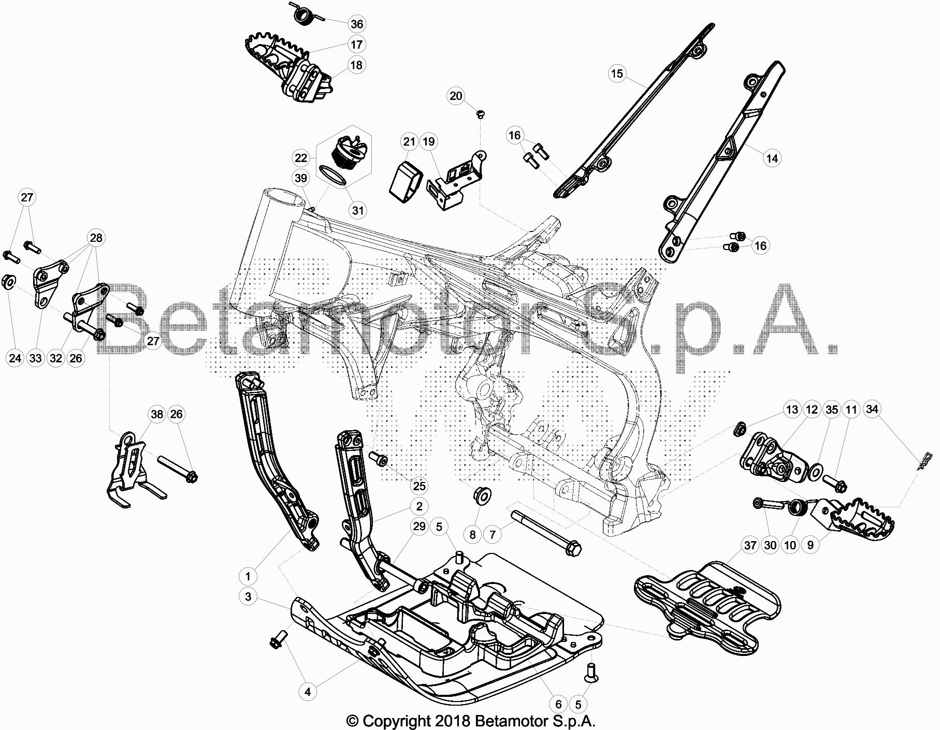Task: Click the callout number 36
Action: pos(356,24)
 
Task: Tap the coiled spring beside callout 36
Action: pos(304,14)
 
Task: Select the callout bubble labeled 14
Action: pos(772,158)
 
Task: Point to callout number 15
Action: pos(617,74)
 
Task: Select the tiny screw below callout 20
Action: pos(480,113)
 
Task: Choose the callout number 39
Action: pos(301,178)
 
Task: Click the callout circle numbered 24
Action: pos(16,358)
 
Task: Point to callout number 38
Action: pos(156,414)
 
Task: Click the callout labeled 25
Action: pos(419,486)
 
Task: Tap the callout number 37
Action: pos(750,545)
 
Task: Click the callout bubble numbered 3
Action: pos(248,597)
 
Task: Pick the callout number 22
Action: pos(301,158)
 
